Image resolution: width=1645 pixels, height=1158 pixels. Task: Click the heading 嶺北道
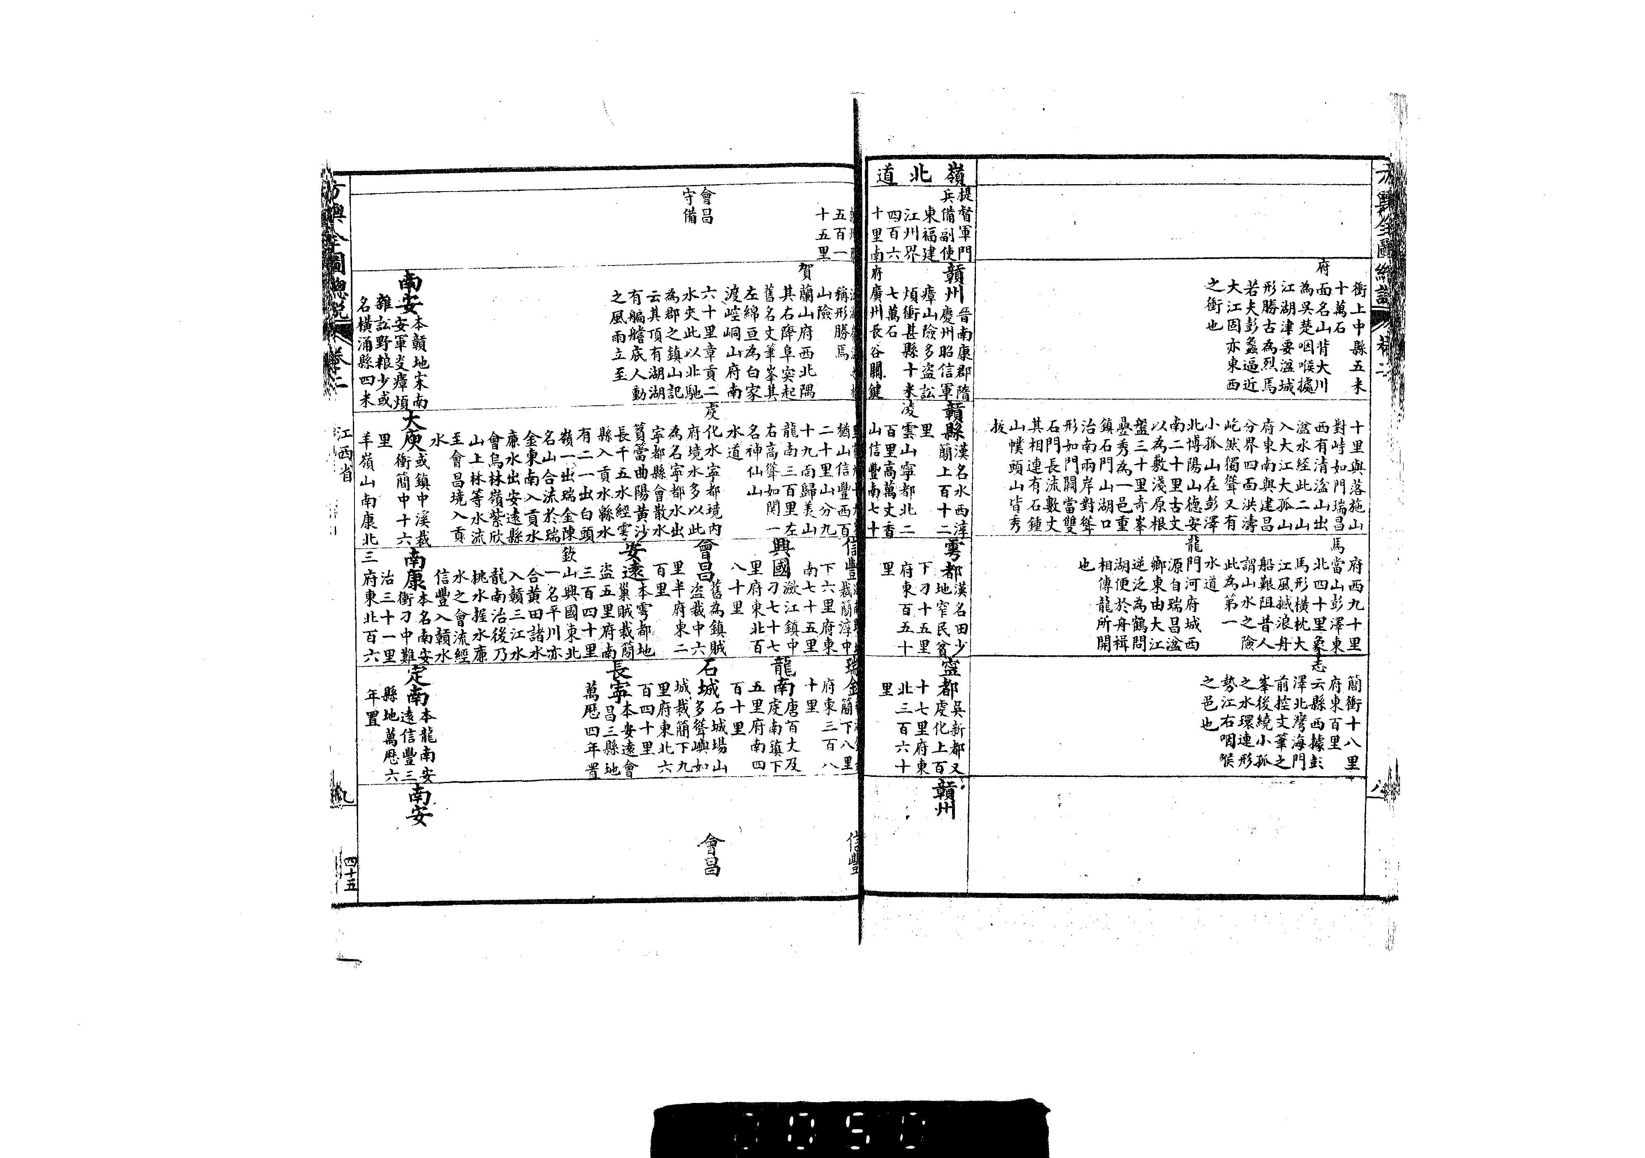(x=920, y=173)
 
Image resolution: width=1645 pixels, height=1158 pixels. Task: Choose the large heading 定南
(x=418, y=686)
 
